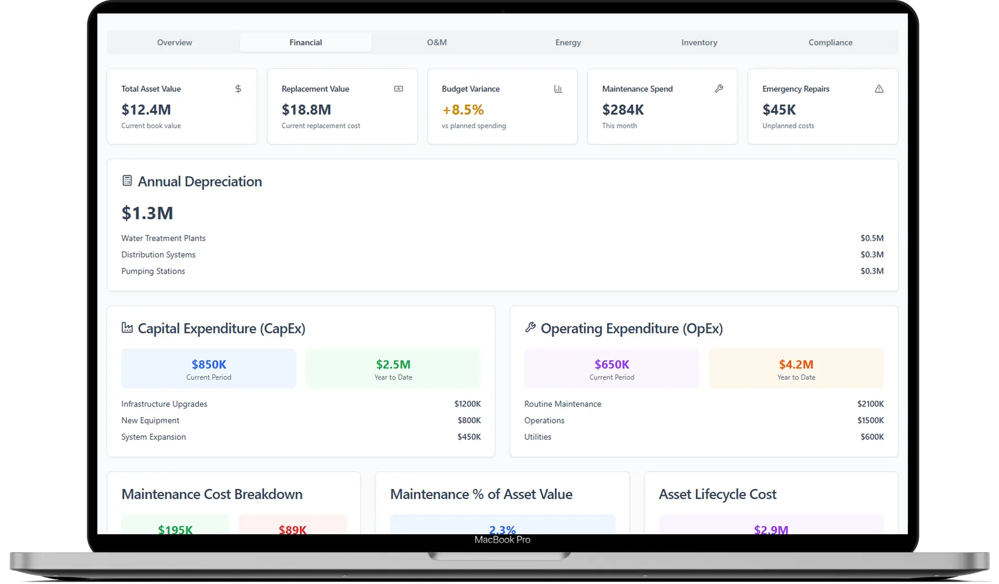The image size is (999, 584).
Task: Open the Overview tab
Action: [175, 42]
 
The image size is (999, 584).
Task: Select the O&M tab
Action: [437, 42]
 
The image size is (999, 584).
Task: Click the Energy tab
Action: [568, 42]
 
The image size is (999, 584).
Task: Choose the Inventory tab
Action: [699, 42]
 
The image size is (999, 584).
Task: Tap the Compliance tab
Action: [830, 42]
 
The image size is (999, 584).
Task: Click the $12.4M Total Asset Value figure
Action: [146, 110]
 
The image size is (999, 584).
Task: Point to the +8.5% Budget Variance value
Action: [463, 110]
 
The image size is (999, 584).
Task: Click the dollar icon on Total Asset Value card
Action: [238, 89]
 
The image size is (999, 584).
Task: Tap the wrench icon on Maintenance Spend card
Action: [719, 89]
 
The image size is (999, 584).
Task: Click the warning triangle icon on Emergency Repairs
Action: [879, 89]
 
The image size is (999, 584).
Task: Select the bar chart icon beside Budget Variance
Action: [558, 89]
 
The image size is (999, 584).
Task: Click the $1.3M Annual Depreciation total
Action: [147, 213]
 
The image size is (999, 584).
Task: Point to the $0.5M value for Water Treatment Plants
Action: [872, 238]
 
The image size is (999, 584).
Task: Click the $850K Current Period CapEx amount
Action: [209, 364]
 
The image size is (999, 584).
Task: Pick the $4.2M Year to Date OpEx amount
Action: [796, 364]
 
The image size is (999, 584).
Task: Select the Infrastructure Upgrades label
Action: [164, 404]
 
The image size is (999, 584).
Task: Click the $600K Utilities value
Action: [872, 437]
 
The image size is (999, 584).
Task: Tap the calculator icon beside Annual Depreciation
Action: [127, 181]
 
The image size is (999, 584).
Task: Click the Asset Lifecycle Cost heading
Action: [717, 494]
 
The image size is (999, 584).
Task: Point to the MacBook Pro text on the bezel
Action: [502, 540]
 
